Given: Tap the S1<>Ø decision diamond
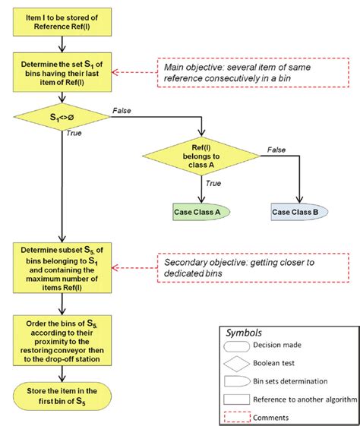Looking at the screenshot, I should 60,119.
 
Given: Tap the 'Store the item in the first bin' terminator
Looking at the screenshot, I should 60,393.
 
